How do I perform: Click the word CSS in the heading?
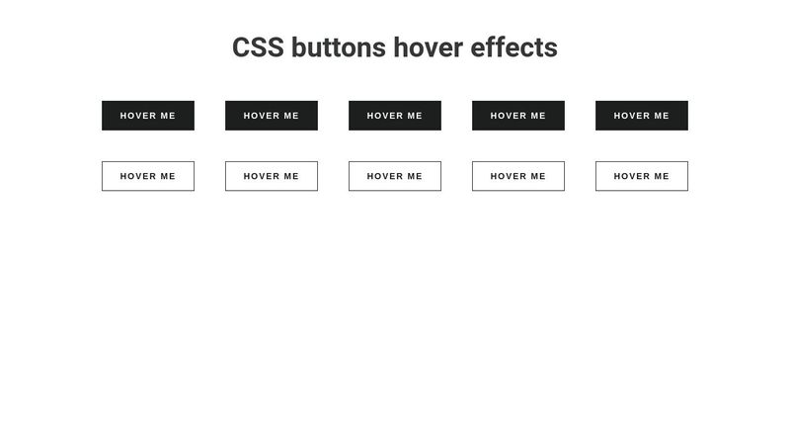pos(258,47)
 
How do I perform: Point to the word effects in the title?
pos(514,47)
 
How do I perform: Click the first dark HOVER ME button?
pos(148,116)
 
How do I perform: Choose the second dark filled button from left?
pos(272,116)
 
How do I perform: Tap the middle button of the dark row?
pos(395,116)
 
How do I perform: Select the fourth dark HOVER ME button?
pos(518,116)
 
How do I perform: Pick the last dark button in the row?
pos(642,116)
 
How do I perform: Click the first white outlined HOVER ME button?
pos(148,176)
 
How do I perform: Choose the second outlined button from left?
pos(272,176)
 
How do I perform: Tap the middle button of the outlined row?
pos(395,176)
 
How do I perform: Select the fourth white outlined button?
pos(518,176)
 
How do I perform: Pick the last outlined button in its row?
pos(642,176)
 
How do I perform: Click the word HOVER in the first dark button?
pos(138,116)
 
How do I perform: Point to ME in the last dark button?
pos(661,116)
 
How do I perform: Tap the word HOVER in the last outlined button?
pos(632,176)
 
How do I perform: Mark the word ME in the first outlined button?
pos(167,176)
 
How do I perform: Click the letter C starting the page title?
pos(242,47)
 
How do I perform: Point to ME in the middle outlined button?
pos(414,176)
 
